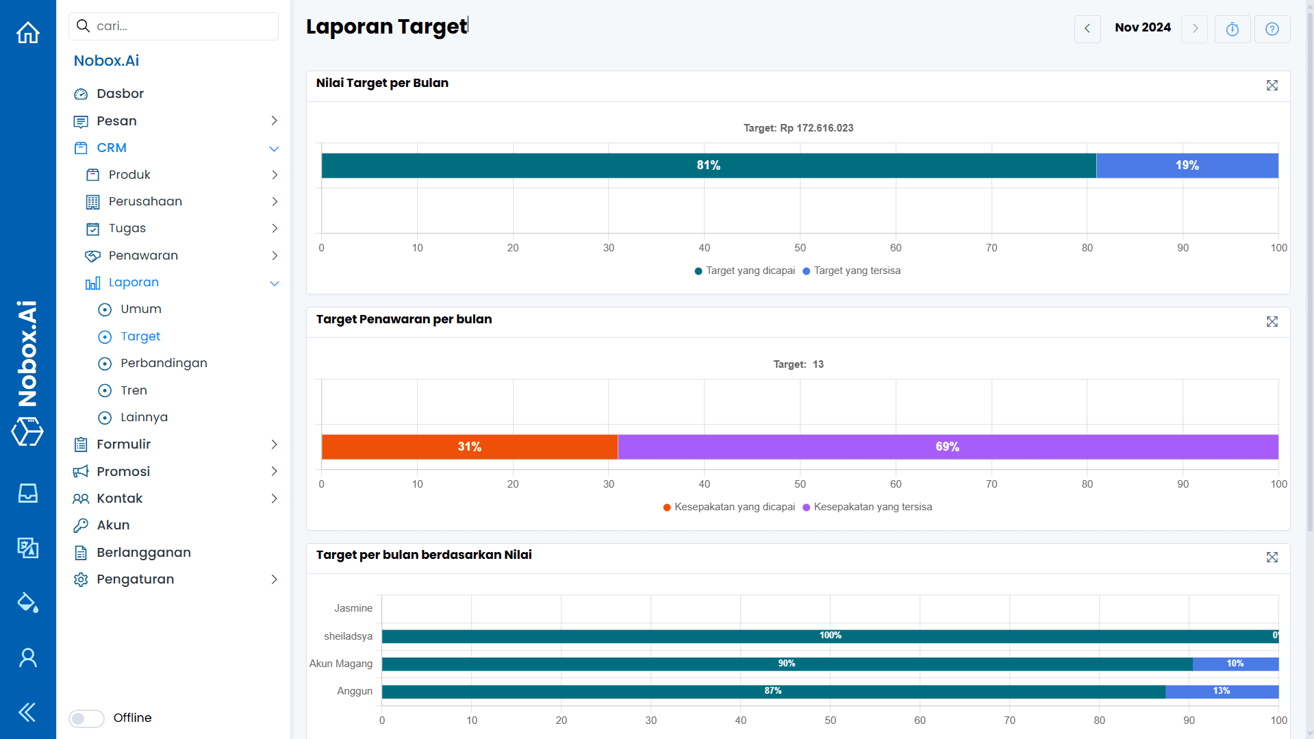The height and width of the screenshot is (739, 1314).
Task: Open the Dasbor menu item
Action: click(x=120, y=94)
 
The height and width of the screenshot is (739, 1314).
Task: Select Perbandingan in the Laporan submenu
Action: click(x=164, y=363)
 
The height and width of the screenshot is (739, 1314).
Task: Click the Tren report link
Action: click(x=134, y=390)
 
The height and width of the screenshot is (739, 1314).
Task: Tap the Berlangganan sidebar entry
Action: click(x=143, y=553)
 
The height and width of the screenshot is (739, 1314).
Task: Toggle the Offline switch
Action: click(x=87, y=718)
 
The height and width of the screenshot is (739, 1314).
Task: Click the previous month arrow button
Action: click(x=1087, y=29)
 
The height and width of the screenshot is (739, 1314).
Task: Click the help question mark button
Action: click(x=1272, y=29)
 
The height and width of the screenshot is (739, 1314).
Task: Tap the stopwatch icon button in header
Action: click(x=1232, y=29)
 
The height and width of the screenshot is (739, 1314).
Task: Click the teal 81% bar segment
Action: click(x=708, y=166)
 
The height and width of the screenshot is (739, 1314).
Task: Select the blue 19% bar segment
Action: click(x=1187, y=166)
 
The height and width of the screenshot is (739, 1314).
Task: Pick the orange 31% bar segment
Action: click(x=469, y=447)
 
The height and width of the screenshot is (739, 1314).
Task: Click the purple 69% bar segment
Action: click(x=947, y=447)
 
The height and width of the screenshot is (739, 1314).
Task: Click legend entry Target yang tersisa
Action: click(x=857, y=271)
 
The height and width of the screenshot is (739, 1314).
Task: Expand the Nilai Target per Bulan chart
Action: click(x=1272, y=86)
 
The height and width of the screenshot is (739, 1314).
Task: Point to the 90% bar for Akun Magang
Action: click(x=786, y=664)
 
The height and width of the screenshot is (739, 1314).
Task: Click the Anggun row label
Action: click(x=354, y=691)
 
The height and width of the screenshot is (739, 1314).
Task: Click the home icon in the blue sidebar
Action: click(x=28, y=32)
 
